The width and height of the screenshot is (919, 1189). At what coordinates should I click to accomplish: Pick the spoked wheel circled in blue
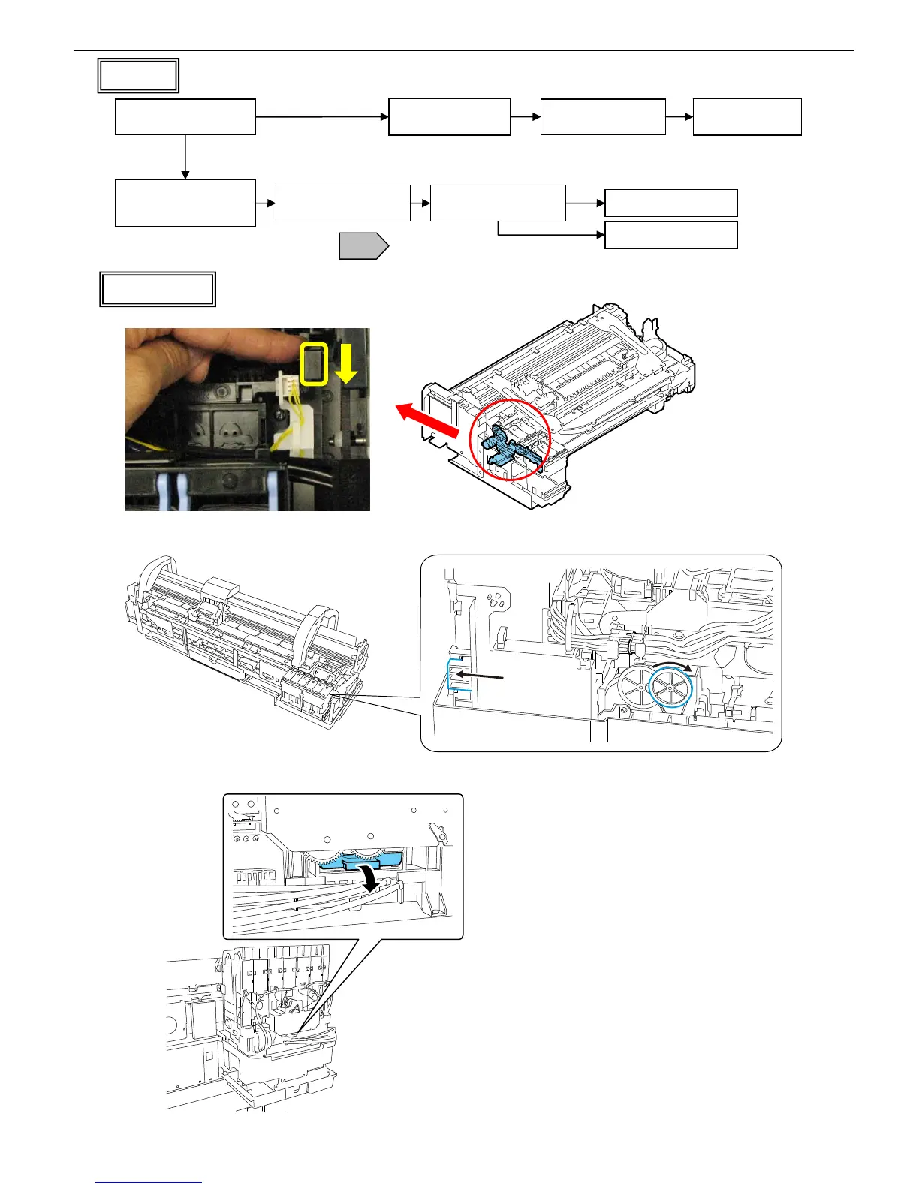pyautogui.click(x=670, y=687)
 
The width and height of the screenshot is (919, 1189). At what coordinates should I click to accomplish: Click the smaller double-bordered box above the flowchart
pyautogui.click(x=138, y=75)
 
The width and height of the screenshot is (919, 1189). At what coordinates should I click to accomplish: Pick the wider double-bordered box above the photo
pyautogui.click(x=158, y=289)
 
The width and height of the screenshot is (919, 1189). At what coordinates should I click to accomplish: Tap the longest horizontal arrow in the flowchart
pyautogui.click(x=322, y=116)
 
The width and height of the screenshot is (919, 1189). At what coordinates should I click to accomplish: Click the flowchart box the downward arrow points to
pyautogui.click(x=185, y=203)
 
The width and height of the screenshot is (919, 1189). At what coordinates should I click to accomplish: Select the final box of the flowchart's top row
pyautogui.click(x=747, y=116)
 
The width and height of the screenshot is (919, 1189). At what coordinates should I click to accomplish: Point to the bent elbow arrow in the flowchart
pyautogui.click(x=548, y=234)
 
